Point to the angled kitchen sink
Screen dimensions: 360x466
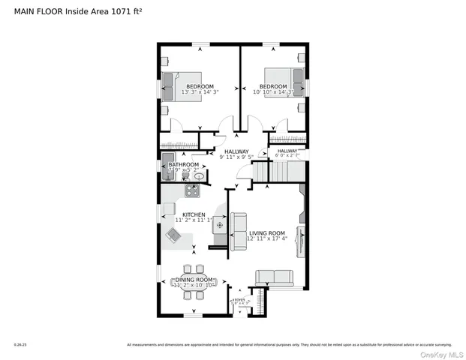173,236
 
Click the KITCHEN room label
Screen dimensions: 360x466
194,214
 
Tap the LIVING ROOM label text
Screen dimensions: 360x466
267,232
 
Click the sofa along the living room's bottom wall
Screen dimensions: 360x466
275,278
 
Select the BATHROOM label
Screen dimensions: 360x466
183,164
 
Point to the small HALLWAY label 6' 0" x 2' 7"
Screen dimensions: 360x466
287,152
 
